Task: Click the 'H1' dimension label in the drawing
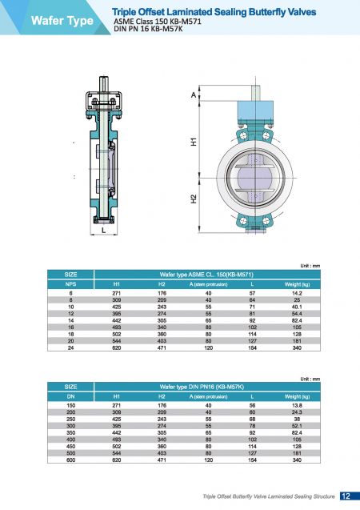(x=193, y=142)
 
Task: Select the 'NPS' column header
(x=70, y=284)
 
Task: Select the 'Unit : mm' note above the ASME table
(x=310, y=265)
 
